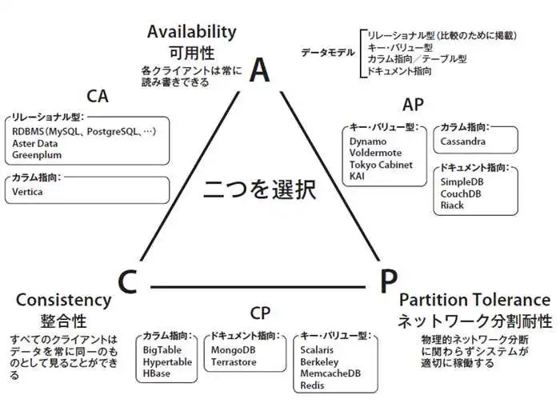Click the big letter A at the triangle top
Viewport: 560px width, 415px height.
[258, 70]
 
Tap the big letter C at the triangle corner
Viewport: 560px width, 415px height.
[130, 282]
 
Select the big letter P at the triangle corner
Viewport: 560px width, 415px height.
[387, 282]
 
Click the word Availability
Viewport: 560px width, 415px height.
[192, 32]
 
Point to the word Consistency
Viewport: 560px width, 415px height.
[63, 301]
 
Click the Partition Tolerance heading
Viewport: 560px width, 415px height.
[474, 300]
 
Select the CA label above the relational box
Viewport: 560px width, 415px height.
[97, 97]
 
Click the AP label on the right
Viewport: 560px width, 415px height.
[414, 105]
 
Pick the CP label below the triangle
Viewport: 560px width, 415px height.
[260, 312]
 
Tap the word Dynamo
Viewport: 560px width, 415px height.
[367, 142]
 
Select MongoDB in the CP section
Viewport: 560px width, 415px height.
[234, 350]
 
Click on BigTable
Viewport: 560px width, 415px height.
[162, 350]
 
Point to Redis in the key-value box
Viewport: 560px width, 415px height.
[312, 385]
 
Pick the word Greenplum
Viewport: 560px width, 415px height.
[37, 155]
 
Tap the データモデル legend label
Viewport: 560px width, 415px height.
[329, 53]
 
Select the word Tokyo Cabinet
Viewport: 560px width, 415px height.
[381, 165]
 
